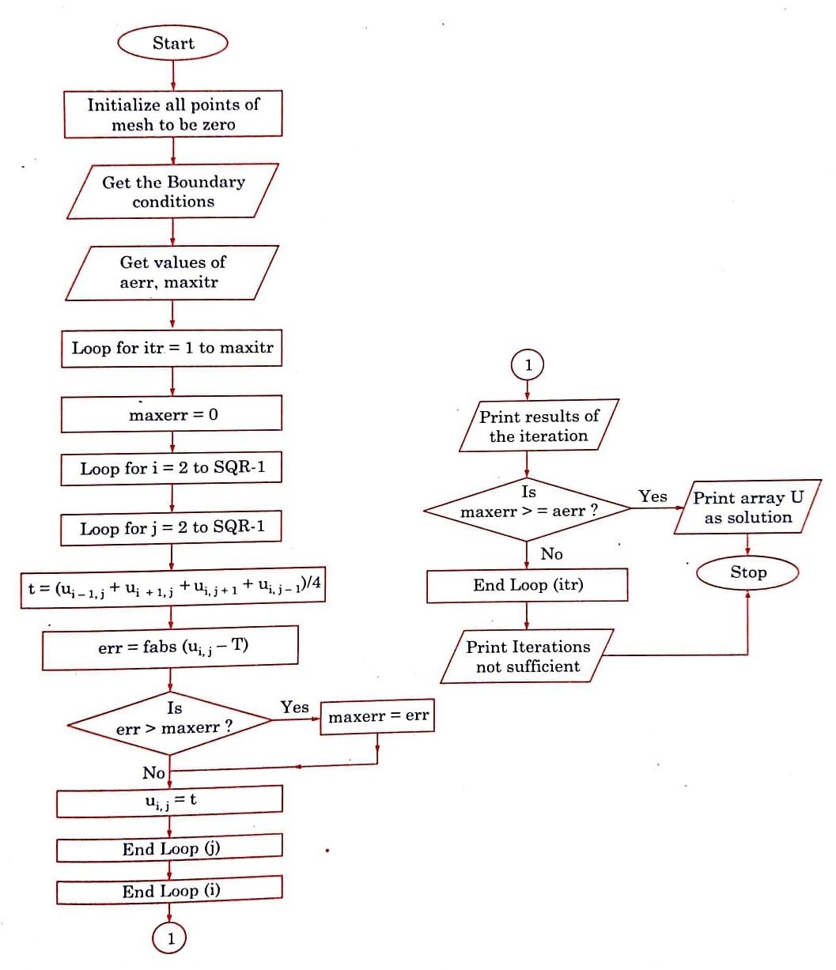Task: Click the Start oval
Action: (x=172, y=43)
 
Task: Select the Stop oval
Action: (x=747, y=572)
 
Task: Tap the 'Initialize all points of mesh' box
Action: (x=172, y=115)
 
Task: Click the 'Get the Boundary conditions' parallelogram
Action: (x=172, y=191)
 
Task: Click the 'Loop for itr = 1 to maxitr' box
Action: (x=172, y=349)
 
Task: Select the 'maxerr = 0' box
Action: (x=172, y=413)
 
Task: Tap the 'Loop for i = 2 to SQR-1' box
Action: (x=172, y=468)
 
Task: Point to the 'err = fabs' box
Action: (x=171, y=647)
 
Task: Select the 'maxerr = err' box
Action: (x=377, y=716)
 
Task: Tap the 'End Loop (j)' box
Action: (x=170, y=849)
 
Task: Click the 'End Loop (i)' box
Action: (x=170, y=891)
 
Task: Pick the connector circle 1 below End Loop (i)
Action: (x=169, y=938)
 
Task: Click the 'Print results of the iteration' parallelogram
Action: (x=539, y=426)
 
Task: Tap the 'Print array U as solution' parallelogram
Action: (x=747, y=508)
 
